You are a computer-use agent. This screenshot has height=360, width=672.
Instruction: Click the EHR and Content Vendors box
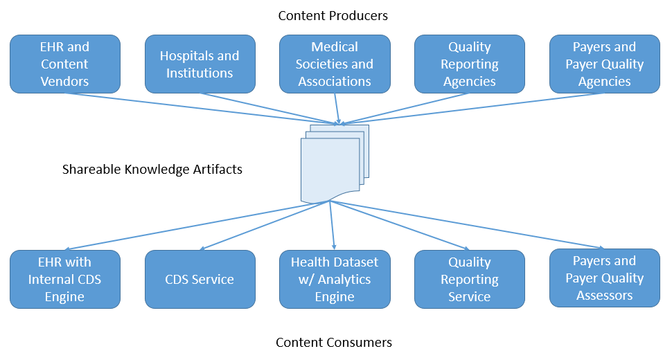click(64, 64)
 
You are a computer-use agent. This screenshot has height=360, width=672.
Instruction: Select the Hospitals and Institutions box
click(200, 64)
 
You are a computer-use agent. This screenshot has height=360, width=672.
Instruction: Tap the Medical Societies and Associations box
click(335, 64)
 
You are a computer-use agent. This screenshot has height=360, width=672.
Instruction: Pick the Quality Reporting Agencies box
click(469, 64)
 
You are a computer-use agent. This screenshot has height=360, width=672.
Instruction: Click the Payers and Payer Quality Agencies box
click(604, 64)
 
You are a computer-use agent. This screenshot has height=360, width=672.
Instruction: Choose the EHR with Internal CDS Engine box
click(64, 279)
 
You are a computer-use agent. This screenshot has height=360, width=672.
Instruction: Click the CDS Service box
click(200, 279)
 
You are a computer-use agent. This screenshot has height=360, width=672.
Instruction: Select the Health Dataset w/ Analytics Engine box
click(335, 279)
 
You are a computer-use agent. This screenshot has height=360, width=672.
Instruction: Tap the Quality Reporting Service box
click(469, 279)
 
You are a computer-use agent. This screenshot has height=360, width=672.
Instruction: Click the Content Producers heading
click(333, 15)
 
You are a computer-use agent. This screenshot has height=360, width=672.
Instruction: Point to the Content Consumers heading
click(334, 343)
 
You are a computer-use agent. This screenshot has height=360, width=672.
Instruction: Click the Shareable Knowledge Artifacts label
click(152, 169)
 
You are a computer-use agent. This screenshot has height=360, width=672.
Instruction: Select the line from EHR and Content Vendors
click(201, 109)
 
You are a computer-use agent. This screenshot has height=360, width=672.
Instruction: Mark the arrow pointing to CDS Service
click(263, 226)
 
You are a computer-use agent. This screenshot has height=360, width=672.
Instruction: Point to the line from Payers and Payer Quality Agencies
click(471, 109)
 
